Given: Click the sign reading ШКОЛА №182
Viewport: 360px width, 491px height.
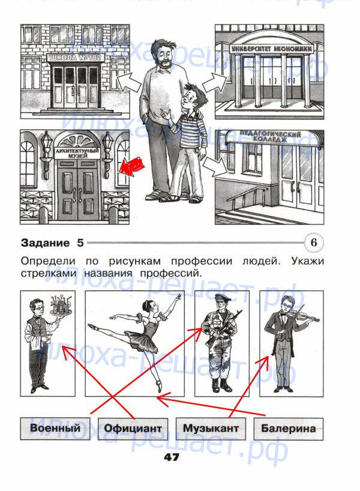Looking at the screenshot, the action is click(76, 58).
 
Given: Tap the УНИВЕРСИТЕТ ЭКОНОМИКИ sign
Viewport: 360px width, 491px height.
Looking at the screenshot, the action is click(272, 49).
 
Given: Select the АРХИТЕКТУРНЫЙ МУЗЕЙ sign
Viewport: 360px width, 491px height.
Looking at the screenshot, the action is click(77, 153).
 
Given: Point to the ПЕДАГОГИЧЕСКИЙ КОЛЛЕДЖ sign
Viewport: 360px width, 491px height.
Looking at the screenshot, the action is click(271, 136).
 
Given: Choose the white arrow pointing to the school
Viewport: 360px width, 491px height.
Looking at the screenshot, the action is click(128, 82).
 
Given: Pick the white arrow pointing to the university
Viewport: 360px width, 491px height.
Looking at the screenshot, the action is click(215, 82).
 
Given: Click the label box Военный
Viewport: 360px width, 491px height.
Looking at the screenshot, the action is click(55, 429).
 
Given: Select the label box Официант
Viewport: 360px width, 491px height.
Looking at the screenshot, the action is click(133, 429).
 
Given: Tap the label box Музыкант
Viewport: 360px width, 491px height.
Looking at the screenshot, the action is click(211, 429).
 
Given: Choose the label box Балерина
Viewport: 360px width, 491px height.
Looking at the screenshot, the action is click(289, 429).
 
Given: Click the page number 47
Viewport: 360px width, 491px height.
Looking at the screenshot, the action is click(171, 457).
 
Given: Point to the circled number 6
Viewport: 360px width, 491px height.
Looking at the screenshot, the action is click(314, 242).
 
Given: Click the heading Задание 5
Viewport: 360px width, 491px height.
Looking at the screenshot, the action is click(52, 243).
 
